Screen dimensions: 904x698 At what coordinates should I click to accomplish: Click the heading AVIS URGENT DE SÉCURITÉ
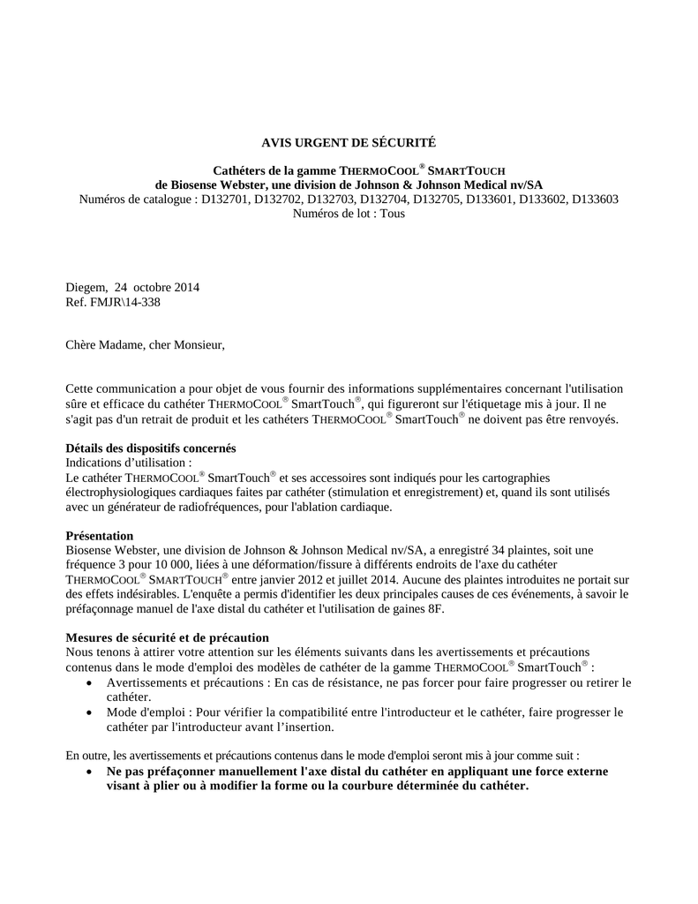pos(349,141)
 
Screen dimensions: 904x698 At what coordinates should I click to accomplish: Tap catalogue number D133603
pos(595,200)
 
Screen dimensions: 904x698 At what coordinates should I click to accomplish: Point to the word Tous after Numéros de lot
pos(393,214)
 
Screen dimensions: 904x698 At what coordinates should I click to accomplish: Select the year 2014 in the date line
pos(186,287)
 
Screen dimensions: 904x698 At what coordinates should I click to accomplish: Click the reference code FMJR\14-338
pos(124,302)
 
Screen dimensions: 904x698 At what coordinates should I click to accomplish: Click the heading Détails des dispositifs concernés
pos(151,448)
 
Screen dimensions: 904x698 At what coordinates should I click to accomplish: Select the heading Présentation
pos(100,536)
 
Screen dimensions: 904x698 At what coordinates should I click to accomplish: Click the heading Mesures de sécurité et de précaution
pos(168,637)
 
